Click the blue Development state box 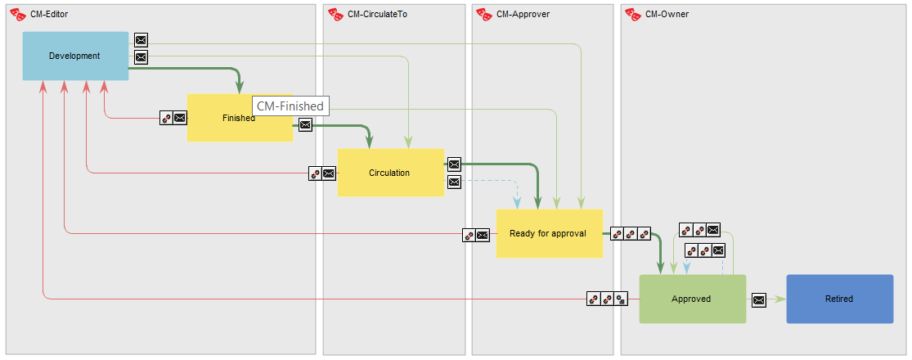(x=75, y=56)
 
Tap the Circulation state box (x=390, y=173)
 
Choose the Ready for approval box (x=549, y=233)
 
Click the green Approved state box (x=692, y=299)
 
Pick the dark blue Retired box (x=839, y=299)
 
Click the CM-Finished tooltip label (x=290, y=106)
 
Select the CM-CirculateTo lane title (x=377, y=14)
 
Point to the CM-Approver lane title (x=523, y=14)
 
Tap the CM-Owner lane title (x=667, y=14)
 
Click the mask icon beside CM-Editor (x=17, y=14)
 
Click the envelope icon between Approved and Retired (x=759, y=299)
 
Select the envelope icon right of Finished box (x=305, y=124)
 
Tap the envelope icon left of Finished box (x=180, y=119)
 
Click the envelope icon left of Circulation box (x=329, y=173)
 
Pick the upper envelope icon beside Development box (x=141, y=40)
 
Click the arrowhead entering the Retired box (x=780, y=299)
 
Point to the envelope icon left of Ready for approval (x=483, y=235)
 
